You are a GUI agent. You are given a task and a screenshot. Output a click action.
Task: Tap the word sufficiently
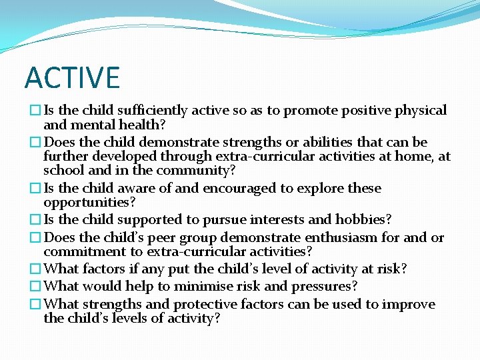pos(152,111)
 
